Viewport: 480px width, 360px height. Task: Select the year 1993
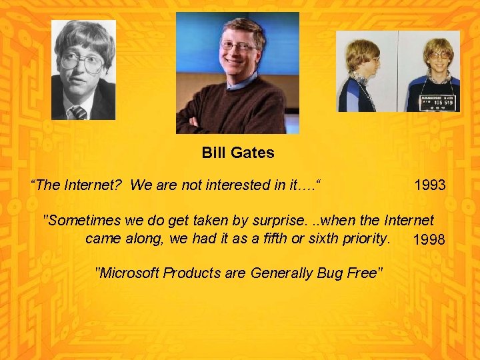[429, 185]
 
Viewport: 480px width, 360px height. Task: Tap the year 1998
[429, 240]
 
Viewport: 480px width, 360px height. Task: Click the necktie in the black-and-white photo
[79, 112]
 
